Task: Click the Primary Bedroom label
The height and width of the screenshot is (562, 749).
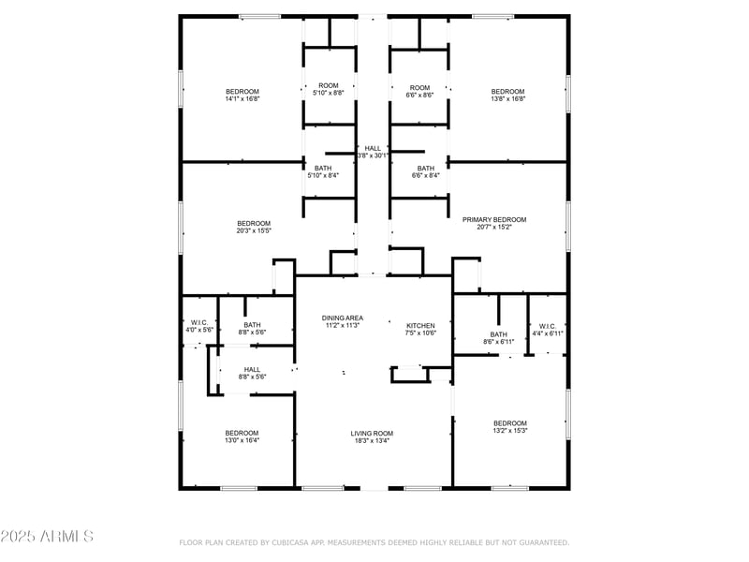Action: [x=494, y=219]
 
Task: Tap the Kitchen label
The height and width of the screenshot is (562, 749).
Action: [x=420, y=326]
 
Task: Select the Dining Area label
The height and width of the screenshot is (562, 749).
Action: [x=343, y=318]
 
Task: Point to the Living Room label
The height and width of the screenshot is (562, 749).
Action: [x=372, y=433]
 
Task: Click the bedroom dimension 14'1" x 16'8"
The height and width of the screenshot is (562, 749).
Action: [x=242, y=98]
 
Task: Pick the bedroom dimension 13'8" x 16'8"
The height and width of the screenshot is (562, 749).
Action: [x=508, y=98]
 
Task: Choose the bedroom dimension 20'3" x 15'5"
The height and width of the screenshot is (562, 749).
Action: [x=254, y=229]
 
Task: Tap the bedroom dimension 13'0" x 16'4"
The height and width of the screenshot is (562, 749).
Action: [x=242, y=439]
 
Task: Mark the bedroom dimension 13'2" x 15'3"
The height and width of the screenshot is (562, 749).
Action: [x=510, y=430]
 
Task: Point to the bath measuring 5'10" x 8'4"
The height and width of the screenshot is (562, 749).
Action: [x=323, y=175]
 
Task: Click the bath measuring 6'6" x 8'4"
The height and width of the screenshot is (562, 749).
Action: [x=426, y=175]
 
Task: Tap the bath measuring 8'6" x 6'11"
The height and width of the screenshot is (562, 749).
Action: [x=498, y=341]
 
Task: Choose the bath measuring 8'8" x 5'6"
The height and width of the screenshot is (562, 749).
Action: [x=253, y=333]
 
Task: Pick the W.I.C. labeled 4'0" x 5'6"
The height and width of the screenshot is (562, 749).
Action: [x=199, y=330]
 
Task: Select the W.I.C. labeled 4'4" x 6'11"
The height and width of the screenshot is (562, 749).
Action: [x=548, y=333]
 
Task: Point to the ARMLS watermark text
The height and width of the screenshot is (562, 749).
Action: [x=47, y=537]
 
